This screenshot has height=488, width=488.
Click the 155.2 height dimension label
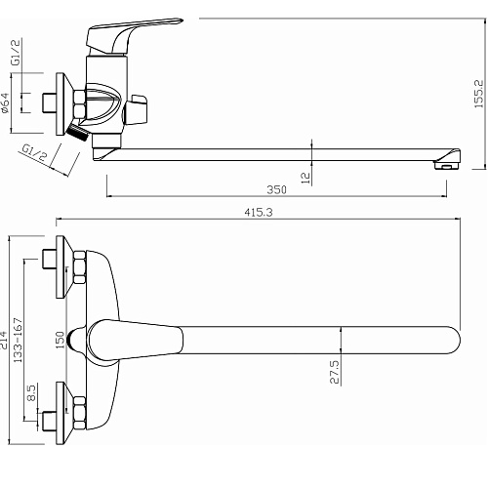click(x=479, y=94)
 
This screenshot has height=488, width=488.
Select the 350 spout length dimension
click(x=276, y=189)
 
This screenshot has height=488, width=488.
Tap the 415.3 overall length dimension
click(x=259, y=213)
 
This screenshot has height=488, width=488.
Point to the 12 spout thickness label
click(x=305, y=178)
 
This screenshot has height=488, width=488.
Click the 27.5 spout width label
click(x=335, y=372)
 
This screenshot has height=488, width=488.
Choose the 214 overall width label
click(x=4, y=340)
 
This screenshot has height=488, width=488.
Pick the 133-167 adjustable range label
click(x=19, y=341)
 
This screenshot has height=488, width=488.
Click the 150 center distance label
click(x=61, y=341)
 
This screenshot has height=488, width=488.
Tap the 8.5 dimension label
click(x=32, y=393)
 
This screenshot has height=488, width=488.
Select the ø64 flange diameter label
click(x=5, y=103)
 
